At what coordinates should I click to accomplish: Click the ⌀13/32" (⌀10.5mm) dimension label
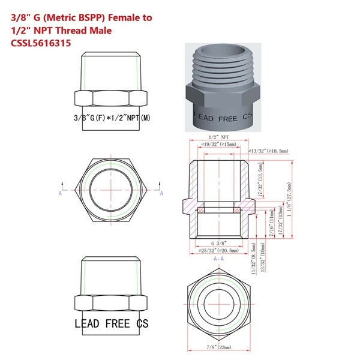[268, 150]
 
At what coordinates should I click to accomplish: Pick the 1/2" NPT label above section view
[220, 137]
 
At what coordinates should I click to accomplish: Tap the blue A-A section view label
[220, 258]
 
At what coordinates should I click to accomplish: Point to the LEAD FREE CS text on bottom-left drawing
[112, 323]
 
